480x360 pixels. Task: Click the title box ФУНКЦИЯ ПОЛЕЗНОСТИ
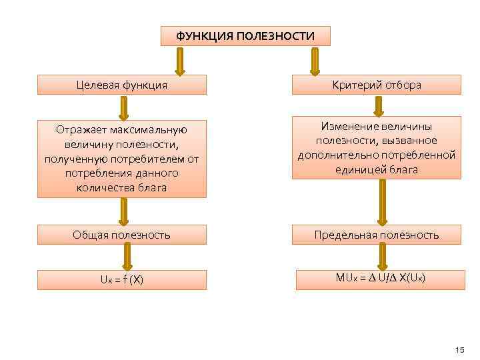(245, 36)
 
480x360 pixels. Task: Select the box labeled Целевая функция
(122, 85)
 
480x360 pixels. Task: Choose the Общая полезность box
(122, 235)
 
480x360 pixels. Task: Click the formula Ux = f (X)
(122, 280)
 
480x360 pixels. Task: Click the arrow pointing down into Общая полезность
(123, 211)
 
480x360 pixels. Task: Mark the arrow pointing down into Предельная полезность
(383, 202)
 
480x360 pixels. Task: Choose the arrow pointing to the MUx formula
(383, 255)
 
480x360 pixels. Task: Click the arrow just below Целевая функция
(123, 107)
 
